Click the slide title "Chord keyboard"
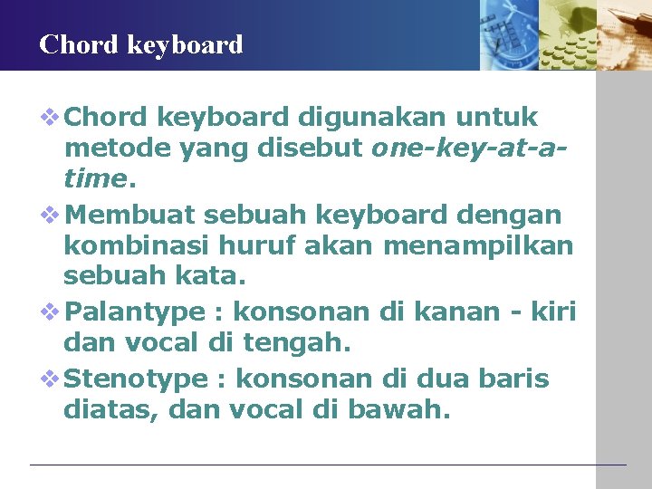(x=141, y=44)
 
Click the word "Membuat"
(x=131, y=216)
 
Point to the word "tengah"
(x=299, y=342)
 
